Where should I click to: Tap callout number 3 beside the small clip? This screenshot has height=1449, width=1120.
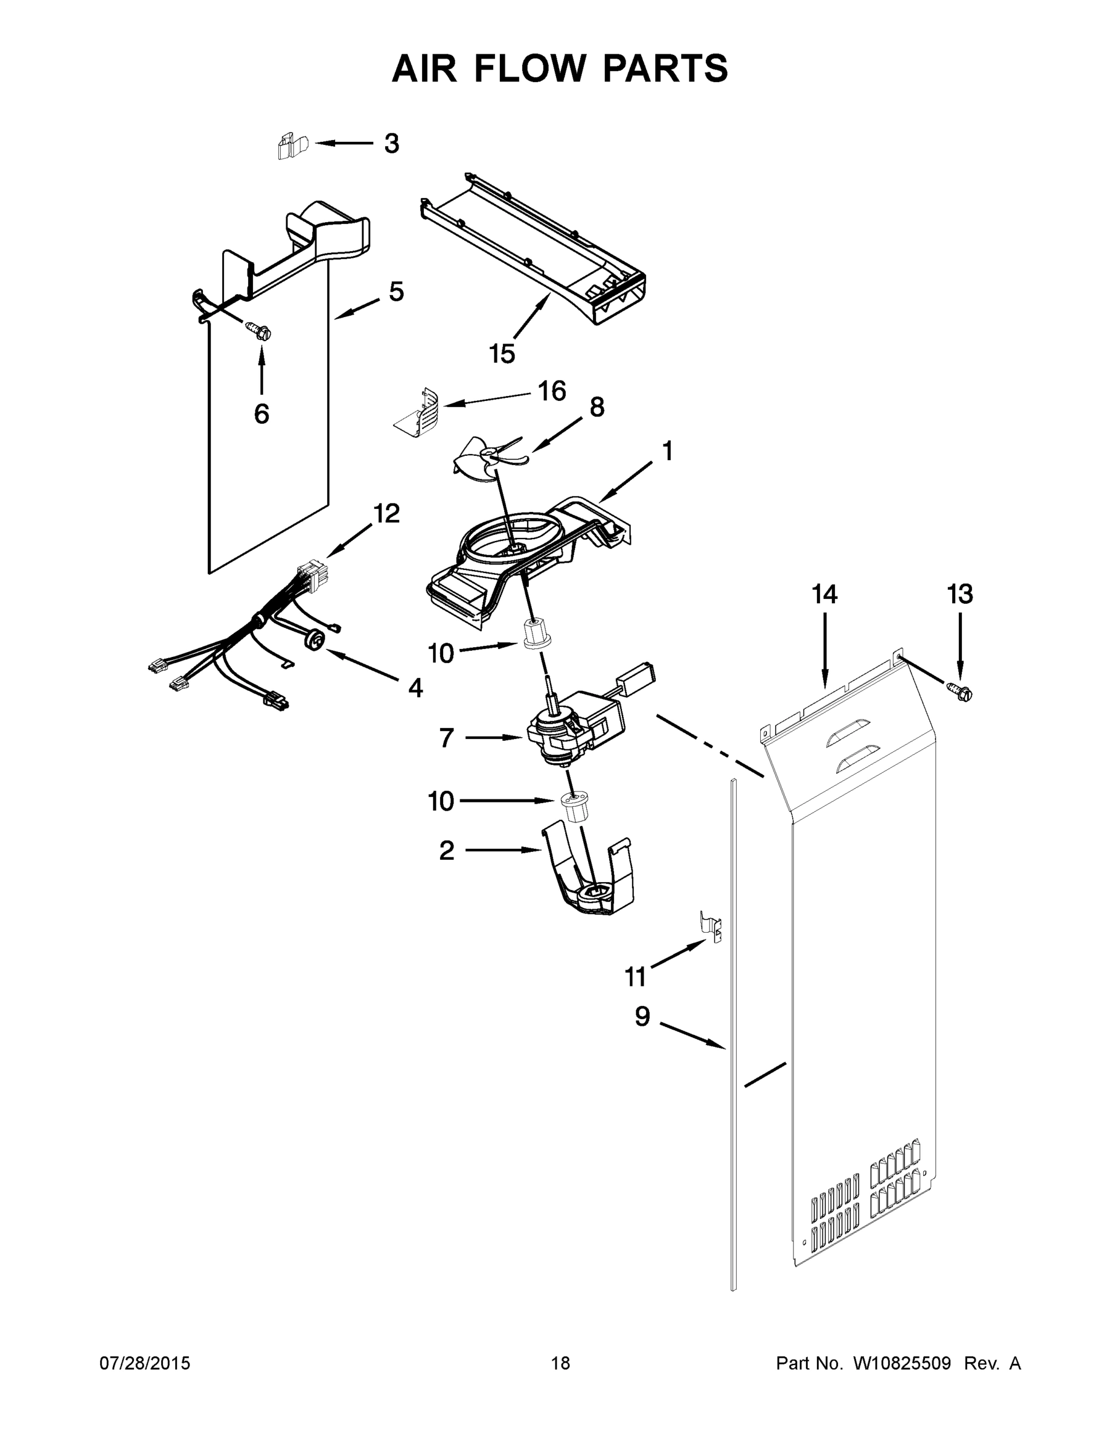[x=392, y=143]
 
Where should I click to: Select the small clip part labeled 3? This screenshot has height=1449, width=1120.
[x=292, y=147]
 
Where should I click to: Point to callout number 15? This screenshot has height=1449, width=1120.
[x=502, y=354]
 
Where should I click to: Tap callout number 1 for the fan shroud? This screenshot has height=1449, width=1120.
[x=668, y=451]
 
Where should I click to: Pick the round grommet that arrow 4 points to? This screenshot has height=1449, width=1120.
[x=315, y=640]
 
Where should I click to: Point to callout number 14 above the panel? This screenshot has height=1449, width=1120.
[x=825, y=595]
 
